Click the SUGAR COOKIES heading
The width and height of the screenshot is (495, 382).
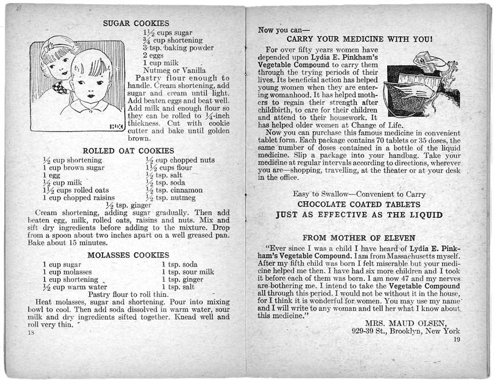pyautogui.click(x=136, y=23)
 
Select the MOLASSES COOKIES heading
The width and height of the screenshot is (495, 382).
pyautogui.click(x=128, y=254)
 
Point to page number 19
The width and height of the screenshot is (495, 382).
pyautogui.click(x=456, y=340)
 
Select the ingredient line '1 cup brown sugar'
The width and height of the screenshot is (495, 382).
pyautogui.click(x=73, y=168)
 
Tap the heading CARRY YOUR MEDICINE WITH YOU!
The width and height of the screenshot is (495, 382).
pyautogui.click(x=359, y=39)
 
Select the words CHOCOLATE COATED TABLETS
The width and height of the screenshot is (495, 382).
pyautogui.click(x=359, y=204)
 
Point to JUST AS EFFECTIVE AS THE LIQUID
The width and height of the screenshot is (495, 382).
pyautogui.click(x=359, y=215)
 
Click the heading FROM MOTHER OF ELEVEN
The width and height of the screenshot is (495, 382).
pyautogui.click(x=359, y=237)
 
